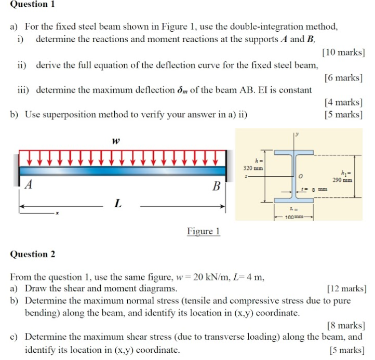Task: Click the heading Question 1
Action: click(x=33, y=4)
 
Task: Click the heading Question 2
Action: click(x=33, y=254)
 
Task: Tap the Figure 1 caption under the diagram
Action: click(x=204, y=231)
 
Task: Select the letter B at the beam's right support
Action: click(x=217, y=185)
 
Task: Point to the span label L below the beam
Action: click(x=118, y=204)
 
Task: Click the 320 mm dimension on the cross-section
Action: click(x=253, y=168)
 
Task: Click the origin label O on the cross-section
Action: click(x=301, y=177)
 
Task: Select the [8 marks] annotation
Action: click(x=345, y=326)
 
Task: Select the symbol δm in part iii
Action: click(x=183, y=90)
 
